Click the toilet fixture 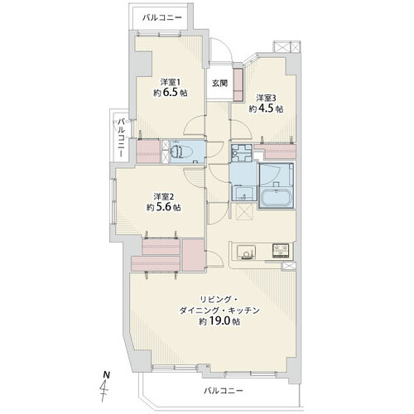[176, 152]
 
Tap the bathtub [276, 197]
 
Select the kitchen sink [246, 252]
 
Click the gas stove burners [281, 251]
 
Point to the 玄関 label [219, 83]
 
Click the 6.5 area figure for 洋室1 [171, 93]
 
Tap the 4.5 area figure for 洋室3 [267, 108]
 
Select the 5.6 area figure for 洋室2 [164, 207]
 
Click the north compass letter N [107, 375]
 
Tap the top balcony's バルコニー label [162, 18]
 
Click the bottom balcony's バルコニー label [224, 391]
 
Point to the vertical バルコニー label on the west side [122, 137]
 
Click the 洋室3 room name [267, 98]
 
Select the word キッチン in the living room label [243, 310]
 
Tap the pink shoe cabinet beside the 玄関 [238, 84]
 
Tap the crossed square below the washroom [244, 212]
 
